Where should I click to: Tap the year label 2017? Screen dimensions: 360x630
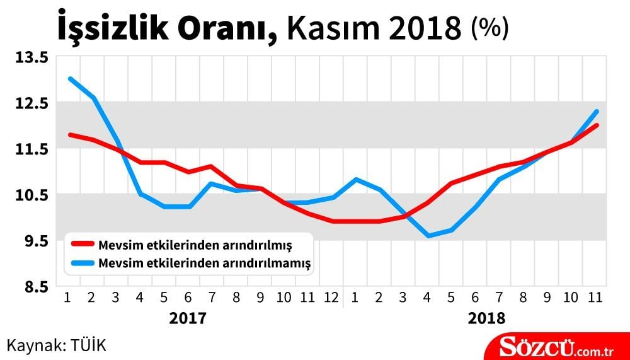pyautogui.click(x=188, y=318)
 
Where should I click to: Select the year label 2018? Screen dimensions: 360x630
pyautogui.click(x=486, y=318)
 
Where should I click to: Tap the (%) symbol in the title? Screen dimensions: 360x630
pyautogui.click(x=490, y=28)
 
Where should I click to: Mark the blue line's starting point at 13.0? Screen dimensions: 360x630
pyautogui.click(x=70, y=79)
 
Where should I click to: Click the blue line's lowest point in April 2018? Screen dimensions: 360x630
pyautogui.click(x=428, y=236)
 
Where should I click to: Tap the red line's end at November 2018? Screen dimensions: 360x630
pyautogui.click(x=596, y=125)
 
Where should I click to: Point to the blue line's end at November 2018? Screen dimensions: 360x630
pyautogui.click(x=596, y=112)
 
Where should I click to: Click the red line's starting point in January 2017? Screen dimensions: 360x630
pyautogui.click(x=70, y=134)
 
